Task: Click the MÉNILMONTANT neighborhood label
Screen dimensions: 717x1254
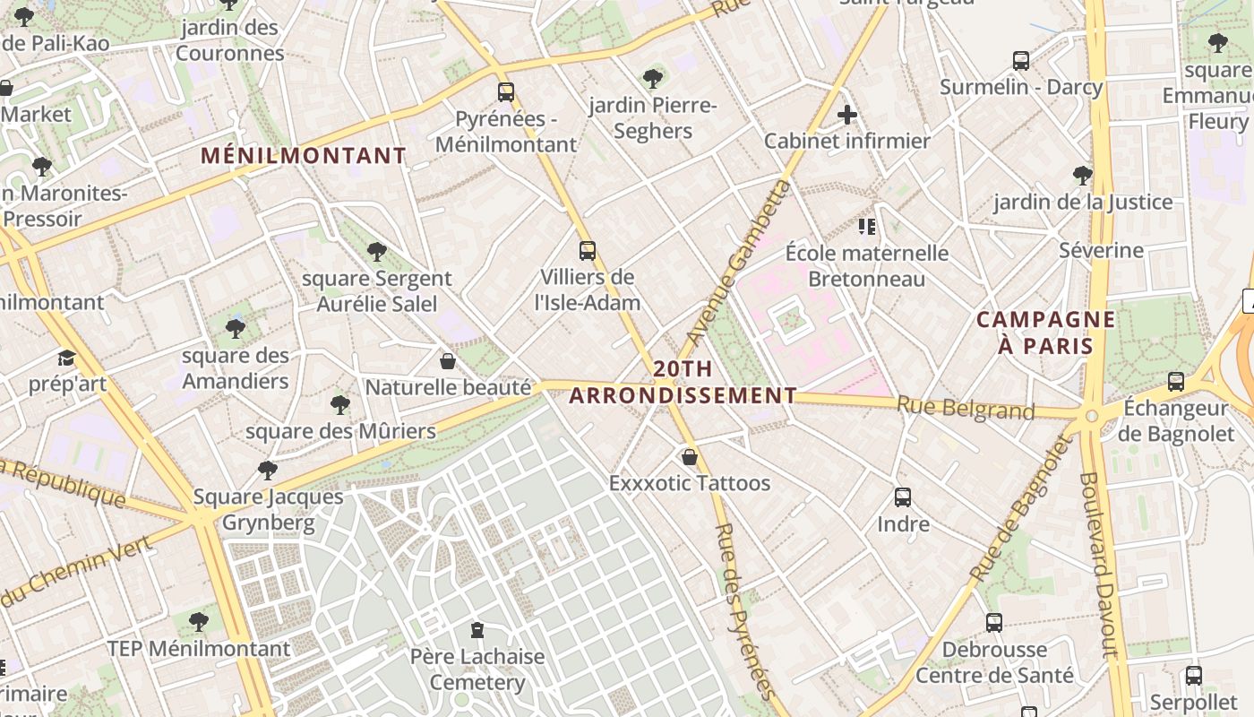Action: click(304, 156)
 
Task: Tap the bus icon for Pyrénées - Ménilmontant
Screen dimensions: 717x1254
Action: click(506, 91)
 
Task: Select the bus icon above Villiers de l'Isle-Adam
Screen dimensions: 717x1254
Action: click(588, 251)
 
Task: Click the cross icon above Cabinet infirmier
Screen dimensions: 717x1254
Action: click(846, 115)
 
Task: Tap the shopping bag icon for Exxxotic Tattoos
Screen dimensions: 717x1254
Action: click(690, 457)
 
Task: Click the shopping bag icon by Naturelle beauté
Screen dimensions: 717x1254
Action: click(448, 361)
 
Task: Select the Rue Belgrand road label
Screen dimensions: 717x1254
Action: click(966, 409)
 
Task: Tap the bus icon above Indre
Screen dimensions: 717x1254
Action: click(903, 497)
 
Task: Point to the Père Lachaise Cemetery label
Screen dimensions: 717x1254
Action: click(477, 669)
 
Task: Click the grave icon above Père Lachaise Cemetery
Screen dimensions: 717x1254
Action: click(477, 630)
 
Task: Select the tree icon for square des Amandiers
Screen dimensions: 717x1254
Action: click(236, 329)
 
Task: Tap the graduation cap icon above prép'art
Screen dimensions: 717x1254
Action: click(67, 358)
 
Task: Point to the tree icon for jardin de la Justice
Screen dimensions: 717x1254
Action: click(1083, 175)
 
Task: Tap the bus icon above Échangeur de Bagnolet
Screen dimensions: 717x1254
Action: click(1176, 382)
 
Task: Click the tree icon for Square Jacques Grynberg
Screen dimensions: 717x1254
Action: click(267, 470)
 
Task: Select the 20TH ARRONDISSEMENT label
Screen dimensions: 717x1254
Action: click(683, 382)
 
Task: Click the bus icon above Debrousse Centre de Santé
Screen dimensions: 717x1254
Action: click(994, 623)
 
